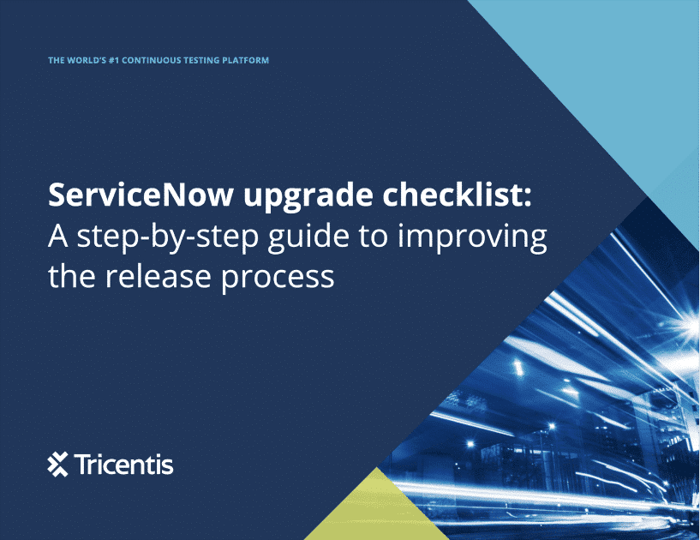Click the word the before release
(x=73, y=276)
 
